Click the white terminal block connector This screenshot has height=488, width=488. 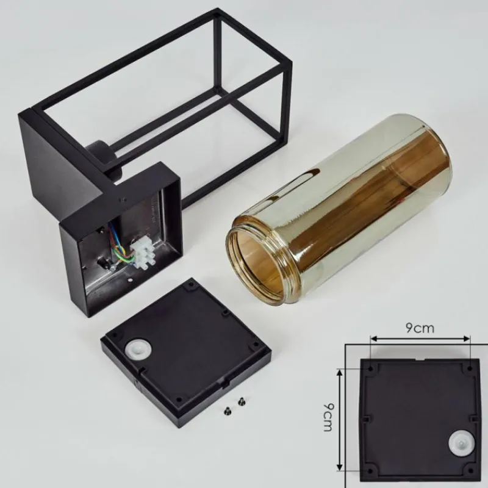click(x=142, y=253)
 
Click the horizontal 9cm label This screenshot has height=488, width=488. click(x=420, y=328)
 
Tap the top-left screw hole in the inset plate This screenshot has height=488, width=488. click(x=370, y=368)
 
